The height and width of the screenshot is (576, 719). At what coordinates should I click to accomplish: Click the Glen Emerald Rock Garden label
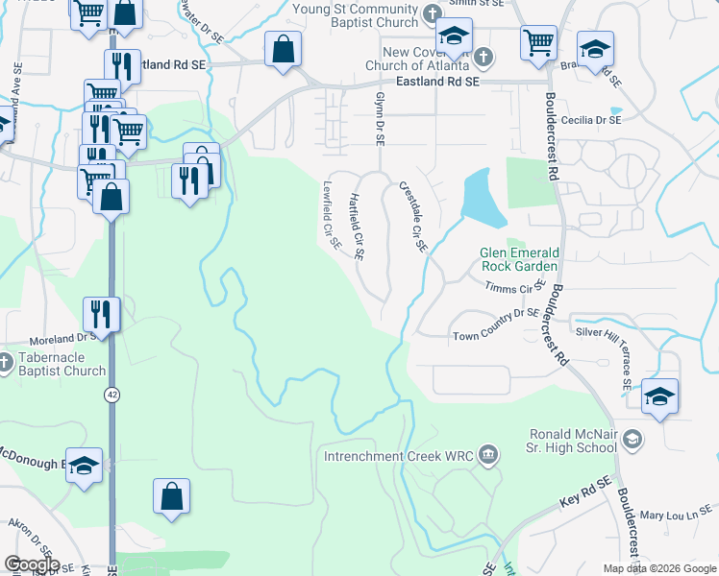518,259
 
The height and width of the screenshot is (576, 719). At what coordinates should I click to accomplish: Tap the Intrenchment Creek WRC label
401,454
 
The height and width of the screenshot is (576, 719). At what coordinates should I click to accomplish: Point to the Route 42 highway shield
112,395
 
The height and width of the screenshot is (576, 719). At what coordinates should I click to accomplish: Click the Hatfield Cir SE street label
355,228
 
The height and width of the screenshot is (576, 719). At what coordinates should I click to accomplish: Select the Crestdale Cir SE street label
411,215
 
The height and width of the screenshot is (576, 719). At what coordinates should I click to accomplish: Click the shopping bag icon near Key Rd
171,497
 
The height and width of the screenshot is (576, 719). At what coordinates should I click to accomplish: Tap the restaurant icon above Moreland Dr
100,312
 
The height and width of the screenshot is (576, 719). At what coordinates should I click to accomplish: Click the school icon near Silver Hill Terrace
659,396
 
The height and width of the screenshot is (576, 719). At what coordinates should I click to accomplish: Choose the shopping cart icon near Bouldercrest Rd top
538,42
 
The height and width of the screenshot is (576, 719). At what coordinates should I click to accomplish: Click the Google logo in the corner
31,564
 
